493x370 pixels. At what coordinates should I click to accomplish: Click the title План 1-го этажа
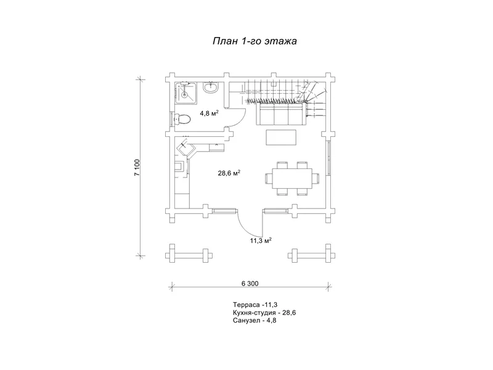[255, 41]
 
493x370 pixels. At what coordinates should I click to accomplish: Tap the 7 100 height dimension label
[137, 167]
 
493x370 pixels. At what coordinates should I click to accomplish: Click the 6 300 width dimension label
[250, 284]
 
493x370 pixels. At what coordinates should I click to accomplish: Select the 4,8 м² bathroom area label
[209, 113]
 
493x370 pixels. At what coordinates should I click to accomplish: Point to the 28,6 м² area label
[229, 173]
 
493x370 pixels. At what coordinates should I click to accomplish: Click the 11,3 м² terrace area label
[261, 240]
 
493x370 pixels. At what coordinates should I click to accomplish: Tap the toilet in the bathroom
[182, 120]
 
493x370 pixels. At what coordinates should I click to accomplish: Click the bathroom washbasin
[211, 87]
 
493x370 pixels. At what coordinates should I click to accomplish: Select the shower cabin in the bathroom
[185, 92]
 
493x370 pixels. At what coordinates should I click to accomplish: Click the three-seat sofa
[282, 113]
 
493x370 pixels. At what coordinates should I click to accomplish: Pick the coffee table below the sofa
[281, 138]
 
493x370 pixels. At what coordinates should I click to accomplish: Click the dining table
[292, 178]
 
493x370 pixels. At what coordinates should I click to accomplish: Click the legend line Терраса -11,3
[255, 305]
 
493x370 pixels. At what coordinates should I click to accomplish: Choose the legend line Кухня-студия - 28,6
[264, 313]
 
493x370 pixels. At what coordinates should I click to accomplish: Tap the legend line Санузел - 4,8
[255, 321]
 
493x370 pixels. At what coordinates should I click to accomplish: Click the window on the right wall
[328, 158]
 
